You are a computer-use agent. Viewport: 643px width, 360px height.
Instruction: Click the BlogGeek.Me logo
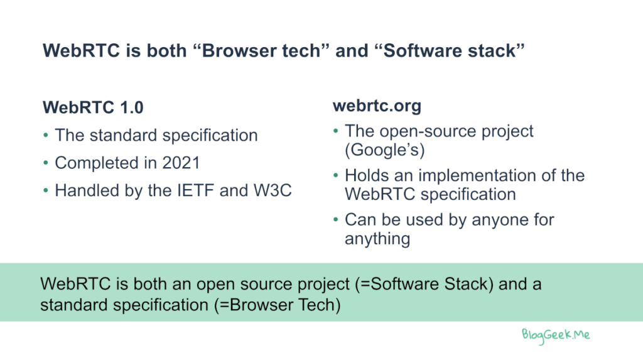click(556, 335)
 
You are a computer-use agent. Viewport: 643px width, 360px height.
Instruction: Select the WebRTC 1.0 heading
click(93, 107)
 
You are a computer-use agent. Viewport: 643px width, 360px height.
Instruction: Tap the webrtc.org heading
click(377, 106)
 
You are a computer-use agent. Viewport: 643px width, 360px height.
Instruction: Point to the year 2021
click(181, 163)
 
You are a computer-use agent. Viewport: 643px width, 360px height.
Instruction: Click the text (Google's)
click(385, 150)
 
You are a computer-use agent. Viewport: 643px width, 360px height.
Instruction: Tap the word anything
click(377, 239)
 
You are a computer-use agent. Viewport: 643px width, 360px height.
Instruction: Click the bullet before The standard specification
click(45, 136)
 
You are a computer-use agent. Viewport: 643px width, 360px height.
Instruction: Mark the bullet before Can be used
click(336, 220)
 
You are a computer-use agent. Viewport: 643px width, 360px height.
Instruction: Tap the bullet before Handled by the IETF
click(45, 191)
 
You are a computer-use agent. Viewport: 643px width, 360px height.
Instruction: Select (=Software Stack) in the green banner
click(424, 284)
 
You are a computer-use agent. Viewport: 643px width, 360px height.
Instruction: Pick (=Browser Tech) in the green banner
click(277, 305)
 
